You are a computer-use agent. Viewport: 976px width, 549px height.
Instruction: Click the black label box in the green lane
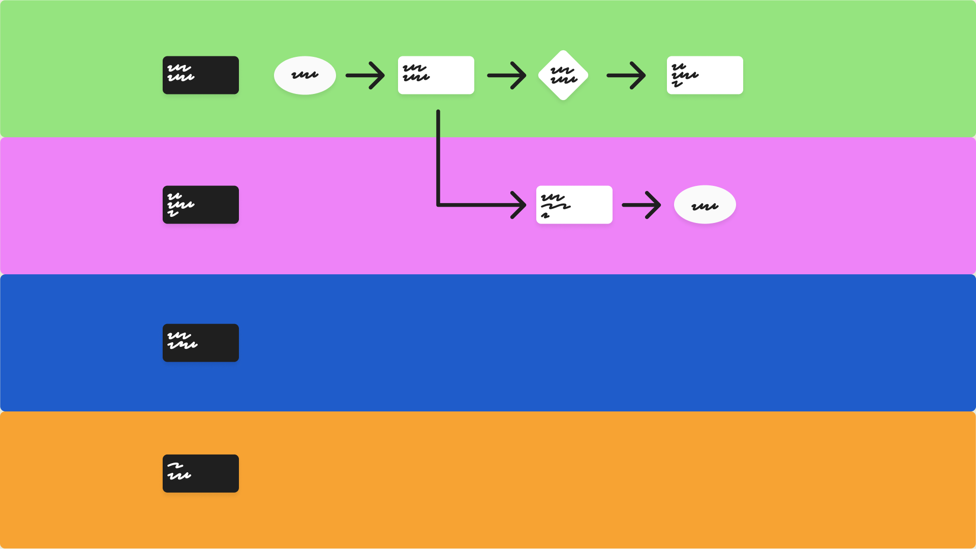tap(200, 75)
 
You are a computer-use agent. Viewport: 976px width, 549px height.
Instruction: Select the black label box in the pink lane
tap(200, 205)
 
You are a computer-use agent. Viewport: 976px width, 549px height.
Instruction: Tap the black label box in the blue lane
tap(200, 343)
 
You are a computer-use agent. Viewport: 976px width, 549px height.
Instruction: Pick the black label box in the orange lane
tap(200, 473)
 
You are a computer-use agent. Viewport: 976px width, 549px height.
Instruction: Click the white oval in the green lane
tap(304, 75)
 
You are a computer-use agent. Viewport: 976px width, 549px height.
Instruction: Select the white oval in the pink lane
tap(705, 205)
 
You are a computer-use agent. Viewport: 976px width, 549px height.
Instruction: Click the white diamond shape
tap(563, 75)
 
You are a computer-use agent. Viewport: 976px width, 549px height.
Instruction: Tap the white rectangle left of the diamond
tap(436, 75)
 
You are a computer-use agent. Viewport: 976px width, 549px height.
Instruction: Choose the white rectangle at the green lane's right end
tap(705, 75)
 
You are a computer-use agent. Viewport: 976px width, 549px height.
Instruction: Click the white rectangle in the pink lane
tap(574, 205)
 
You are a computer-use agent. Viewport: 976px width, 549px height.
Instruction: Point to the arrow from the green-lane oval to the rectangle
tap(364, 75)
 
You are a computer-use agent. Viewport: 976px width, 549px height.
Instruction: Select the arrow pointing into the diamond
tap(506, 75)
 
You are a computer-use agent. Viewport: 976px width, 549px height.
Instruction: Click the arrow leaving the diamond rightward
tap(626, 75)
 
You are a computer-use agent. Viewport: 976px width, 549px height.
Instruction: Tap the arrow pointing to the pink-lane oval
tap(641, 205)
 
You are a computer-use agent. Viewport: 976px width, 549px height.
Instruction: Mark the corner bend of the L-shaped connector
tap(438, 205)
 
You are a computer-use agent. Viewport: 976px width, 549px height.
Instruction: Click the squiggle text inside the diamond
tap(563, 75)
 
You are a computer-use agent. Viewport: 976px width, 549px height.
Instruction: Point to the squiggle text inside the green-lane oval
tap(304, 75)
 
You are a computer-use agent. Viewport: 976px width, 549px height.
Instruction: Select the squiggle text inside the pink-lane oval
tap(705, 206)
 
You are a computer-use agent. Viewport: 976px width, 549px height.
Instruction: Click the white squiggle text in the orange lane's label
tap(179, 471)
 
